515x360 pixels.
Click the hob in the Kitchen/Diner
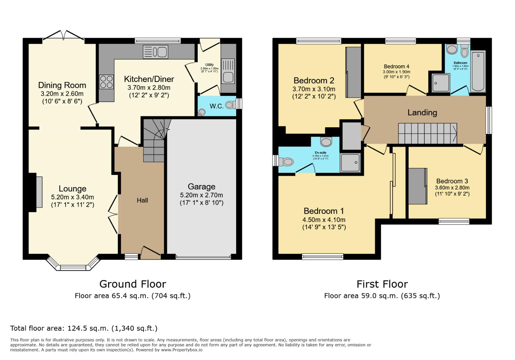coord(106,82)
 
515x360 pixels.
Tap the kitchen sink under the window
coord(155,52)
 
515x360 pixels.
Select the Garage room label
coord(201,187)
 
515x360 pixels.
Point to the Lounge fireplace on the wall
coord(39,192)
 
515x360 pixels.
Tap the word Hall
coord(142,200)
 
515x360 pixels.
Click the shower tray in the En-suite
coord(350,163)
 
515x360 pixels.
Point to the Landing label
coord(422,113)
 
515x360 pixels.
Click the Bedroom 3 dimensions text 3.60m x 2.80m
coord(452,188)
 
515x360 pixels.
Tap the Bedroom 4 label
coord(396,66)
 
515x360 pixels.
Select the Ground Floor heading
coord(132,284)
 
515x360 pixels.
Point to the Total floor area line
coord(84,328)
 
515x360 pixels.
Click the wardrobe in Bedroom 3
coord(417,186)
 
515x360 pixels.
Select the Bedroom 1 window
coord(322,256)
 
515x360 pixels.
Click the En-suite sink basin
coord(326,142)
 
